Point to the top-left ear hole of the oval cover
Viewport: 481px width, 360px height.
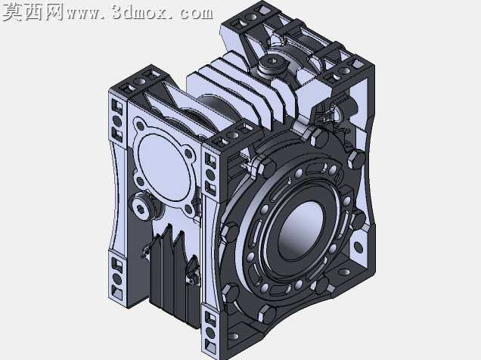point(140,125)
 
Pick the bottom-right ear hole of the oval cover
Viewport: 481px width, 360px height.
point(189,209)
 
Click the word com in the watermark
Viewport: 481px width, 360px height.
point(197,13)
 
